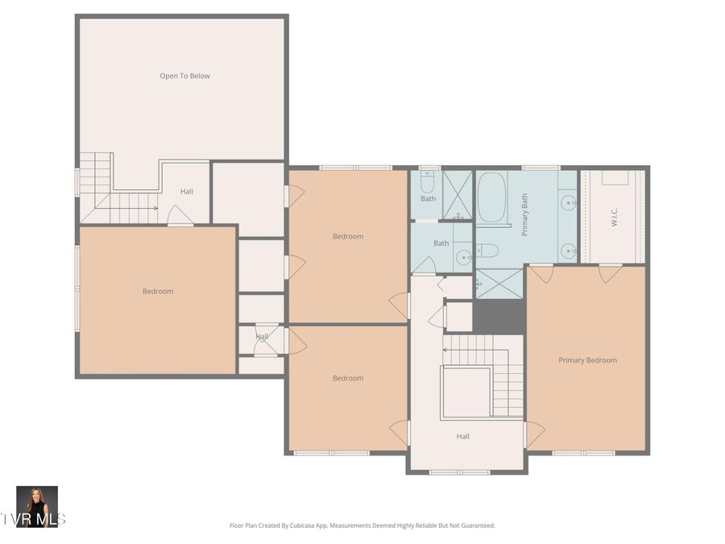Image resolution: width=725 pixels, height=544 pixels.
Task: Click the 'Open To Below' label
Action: pyautogui.click(x=184, y=76)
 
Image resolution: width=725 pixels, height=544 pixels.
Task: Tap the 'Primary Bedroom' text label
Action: pyautogui.click(x=587, y=360)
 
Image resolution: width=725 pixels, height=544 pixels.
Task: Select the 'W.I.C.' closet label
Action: pyautogui.click(x=613, y=217)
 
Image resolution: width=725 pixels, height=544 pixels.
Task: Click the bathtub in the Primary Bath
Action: pyautogui.click(x=491, y=197)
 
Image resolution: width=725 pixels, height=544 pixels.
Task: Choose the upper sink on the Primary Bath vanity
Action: pyautogui.click(x=569, y=202)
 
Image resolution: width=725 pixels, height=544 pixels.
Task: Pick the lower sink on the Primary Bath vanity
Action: pyautogui.click(x=569, y=248)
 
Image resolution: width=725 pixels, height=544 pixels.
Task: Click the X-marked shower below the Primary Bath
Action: pyautogui.click(x=499, y=284)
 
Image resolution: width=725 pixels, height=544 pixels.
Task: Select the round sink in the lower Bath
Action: pyautogui.click(x=463, y=258)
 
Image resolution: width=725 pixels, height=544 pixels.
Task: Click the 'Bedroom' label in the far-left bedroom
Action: pyautogui.click(x=158, y=291)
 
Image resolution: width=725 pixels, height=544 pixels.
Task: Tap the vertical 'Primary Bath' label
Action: pyautogui.click(x=524, y=215)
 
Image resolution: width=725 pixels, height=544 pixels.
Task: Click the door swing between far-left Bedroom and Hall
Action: pyautogui.click(x=180, y=215)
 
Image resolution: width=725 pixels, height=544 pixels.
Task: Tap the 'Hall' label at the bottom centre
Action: pyautogui.click(x=462, y=436)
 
